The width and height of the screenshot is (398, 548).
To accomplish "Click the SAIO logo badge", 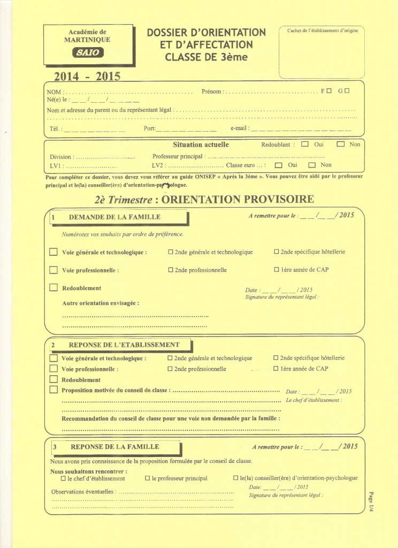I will point(88,52).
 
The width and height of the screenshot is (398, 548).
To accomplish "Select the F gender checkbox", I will point(328,91).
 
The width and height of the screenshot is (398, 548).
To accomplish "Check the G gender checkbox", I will point(347,91).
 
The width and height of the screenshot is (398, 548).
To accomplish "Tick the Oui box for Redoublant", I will point(305,144).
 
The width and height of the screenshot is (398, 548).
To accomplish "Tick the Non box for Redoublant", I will point(340,144).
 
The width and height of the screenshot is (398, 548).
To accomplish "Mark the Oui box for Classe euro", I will point(278,165).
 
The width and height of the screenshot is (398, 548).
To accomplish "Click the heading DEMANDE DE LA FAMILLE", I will point(114,217).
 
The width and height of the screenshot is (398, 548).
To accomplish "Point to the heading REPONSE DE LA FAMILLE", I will point(115,447).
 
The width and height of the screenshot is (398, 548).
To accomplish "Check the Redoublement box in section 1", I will point(53,287).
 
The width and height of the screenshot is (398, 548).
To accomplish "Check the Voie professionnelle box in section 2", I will point(53,369).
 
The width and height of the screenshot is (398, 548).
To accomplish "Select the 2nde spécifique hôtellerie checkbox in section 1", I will point(277,252).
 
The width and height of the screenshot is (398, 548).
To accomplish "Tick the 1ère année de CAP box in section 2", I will point(276,369).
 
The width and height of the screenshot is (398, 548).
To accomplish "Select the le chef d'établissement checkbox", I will point(64,478).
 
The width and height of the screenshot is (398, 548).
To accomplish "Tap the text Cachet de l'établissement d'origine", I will point(322,31).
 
